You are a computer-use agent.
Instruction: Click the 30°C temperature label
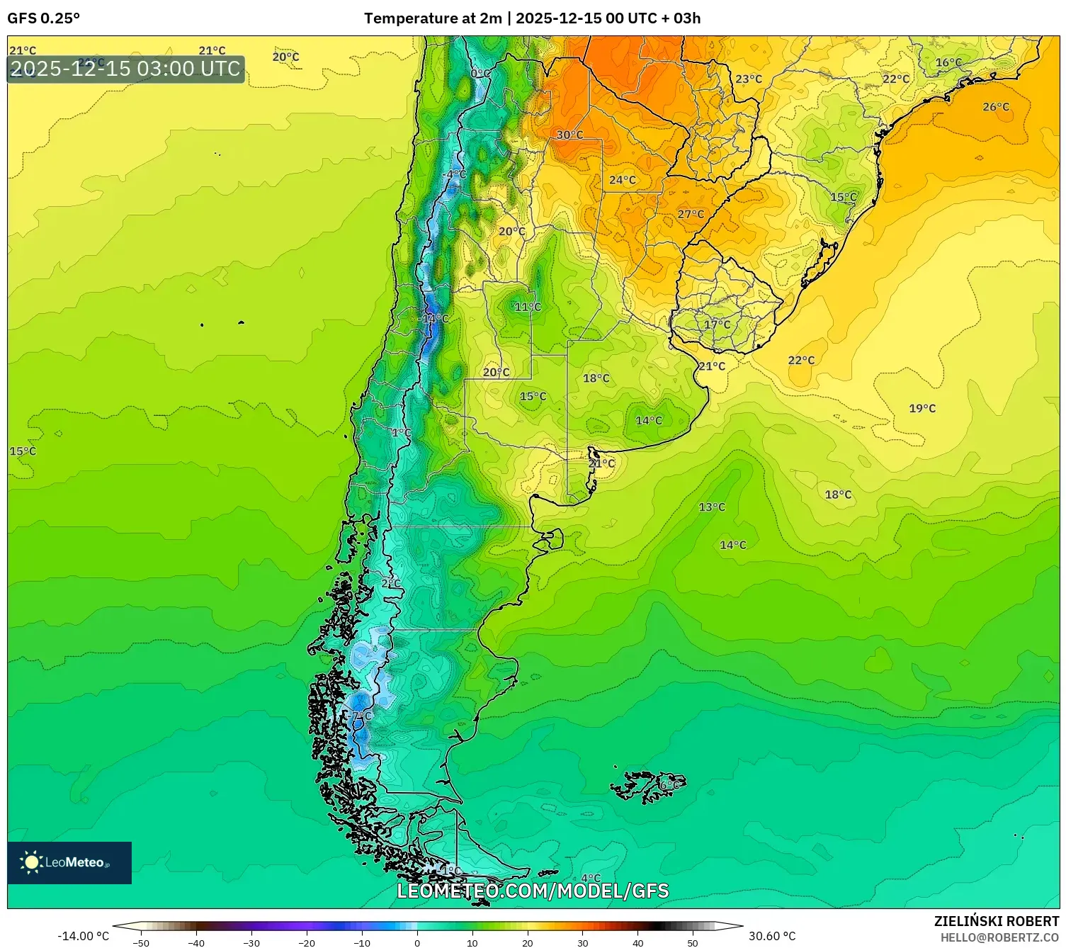pyautogui.click(x=569, y=135)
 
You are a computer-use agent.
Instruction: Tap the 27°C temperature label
pyautogui.click(x=691, y=214)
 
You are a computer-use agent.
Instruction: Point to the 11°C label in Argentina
pyautogui.click(x=527, y=307)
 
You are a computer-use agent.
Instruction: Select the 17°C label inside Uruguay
pyautogui.click(x=717, y=325)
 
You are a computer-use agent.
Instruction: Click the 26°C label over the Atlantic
pyautogui.click(x=995, y=107)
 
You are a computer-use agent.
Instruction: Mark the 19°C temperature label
pyautogui.click(x=922, y=408)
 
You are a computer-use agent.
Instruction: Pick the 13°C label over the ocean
pyautogui.click(x=712, y=507)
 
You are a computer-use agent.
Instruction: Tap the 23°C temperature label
pyautogui.click(x=748, y=79)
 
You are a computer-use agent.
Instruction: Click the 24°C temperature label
pyautogui.click(x=622, y=180)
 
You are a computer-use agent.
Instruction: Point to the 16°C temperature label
pyautogui.click(x=948, y=62)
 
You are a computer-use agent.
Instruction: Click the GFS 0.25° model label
pyautogui.click(x=44, y=18)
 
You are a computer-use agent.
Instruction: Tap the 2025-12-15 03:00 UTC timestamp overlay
pyautogui.click(x=126, y=69)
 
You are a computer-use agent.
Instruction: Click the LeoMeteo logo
pyautogui.click(x=69, y=862)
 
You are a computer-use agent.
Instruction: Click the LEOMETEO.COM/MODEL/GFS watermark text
pyautogui.click(x=532, y=891)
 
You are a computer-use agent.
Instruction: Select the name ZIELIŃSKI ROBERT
pyautogui.click(x=996, y=921)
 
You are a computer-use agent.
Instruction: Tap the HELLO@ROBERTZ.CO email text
pyautogui.click(x=999, y=937)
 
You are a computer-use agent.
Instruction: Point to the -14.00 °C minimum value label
pyautogui.click(x=83, y=936)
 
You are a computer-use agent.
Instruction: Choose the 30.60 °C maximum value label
pyautogui.click(x=772, y=936)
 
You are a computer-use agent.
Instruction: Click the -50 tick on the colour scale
pyautogui.click(x=141, y=942)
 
